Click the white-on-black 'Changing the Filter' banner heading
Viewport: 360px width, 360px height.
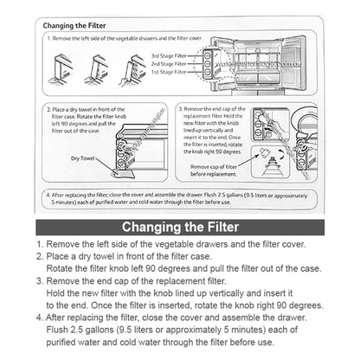[x=180, y=228]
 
